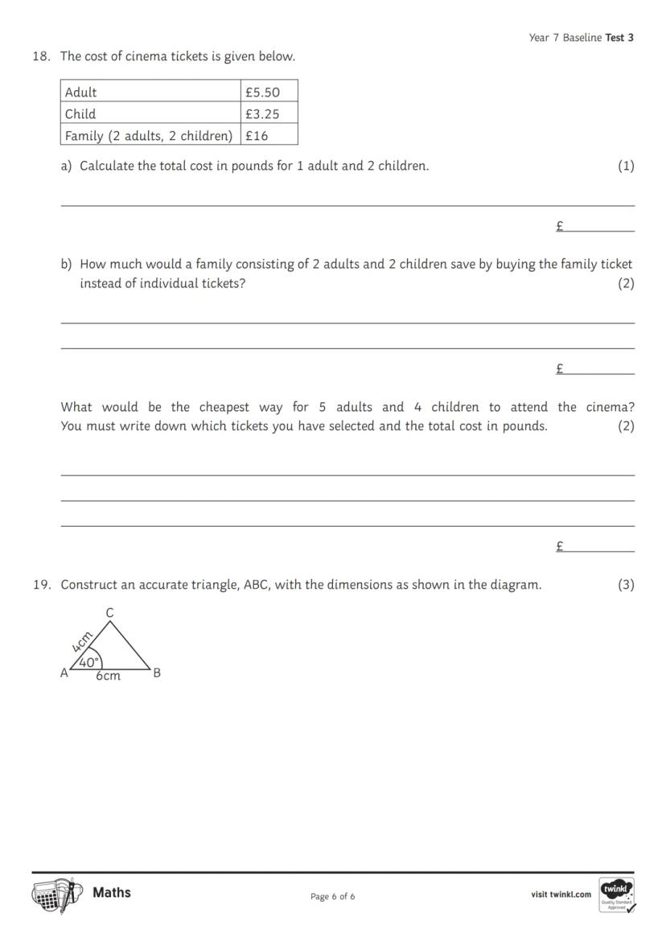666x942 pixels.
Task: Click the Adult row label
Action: pos(81,93)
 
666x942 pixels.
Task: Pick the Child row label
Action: pos(80,114)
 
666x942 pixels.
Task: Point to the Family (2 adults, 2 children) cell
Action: pos(149,136)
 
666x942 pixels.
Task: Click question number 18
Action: pos(42,56)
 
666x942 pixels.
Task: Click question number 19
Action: pos(42,585)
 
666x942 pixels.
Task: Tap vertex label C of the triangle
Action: pos(110,613)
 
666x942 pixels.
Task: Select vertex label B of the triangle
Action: pos(157,673)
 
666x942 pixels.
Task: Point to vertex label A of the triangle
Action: pos(64,673)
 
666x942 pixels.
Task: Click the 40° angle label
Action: pos(89,663)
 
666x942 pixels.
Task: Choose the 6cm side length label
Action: pos(109,677)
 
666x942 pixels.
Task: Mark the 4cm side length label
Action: pos(82,642)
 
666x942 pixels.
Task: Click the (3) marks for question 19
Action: pos(626,585)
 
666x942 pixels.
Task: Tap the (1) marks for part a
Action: pos(626,166)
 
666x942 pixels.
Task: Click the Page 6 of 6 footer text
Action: pos(332,896)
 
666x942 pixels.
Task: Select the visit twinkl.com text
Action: pos(561,895)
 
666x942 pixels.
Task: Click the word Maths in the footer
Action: pos(112,892)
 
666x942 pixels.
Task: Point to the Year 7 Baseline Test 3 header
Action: pos(581,38)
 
